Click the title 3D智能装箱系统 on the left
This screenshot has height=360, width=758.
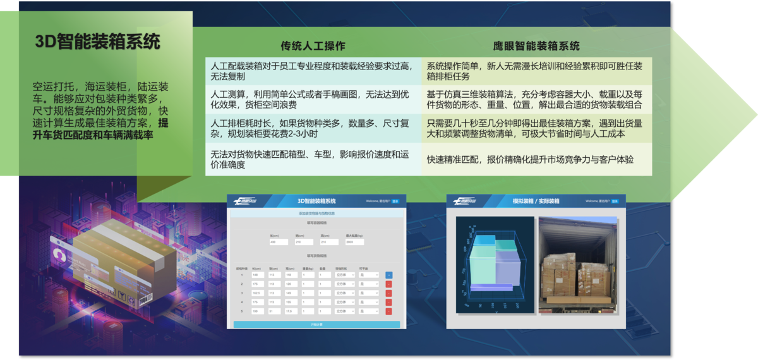[x=98, y=42]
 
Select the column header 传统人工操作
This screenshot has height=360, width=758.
[x=313, y=46]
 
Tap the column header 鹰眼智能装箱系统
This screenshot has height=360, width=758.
[x=536, y=46]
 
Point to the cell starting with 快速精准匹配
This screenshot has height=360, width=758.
[x=536, y=160]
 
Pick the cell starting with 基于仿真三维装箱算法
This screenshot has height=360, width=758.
[x=536, y=99]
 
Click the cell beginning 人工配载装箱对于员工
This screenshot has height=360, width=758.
[x=313, y=71]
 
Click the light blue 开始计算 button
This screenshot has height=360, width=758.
[x=316, y=325]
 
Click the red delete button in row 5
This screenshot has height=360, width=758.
[x=388, y=311]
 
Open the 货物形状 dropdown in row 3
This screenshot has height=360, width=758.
[x=344, y=293]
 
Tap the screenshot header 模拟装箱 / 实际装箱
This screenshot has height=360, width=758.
[x=536, y=201]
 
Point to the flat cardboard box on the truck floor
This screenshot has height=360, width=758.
[x=575, y=300]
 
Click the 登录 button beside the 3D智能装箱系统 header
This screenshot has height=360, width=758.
[x=395, y=201]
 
